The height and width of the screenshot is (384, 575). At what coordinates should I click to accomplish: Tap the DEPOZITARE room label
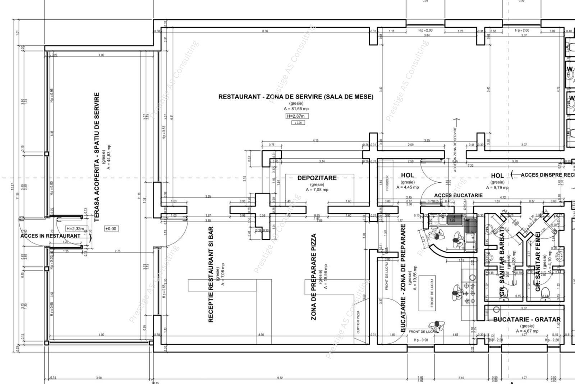point(317,178)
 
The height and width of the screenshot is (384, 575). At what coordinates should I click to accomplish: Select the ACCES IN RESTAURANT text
point(50,236)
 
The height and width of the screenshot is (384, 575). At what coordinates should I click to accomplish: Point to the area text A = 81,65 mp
point(296,109)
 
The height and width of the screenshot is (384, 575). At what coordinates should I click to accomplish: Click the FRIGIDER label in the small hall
point(387,183)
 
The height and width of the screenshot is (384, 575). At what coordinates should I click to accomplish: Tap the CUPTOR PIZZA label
point(358,321)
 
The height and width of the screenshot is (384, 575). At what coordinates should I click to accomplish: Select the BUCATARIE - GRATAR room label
point(526,319)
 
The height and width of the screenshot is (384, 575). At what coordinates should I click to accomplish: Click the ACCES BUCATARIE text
point(458,195)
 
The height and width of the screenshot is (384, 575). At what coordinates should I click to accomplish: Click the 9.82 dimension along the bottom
point(280,378)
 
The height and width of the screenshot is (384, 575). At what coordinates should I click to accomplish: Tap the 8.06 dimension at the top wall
point(265,31)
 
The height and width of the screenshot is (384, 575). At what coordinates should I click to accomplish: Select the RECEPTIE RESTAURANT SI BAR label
point(211,274)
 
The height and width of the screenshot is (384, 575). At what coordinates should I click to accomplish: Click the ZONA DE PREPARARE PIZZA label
point(314,277)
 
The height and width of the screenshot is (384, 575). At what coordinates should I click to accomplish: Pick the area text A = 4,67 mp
point(527,331)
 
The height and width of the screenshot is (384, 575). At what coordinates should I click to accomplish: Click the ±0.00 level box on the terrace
point(111,229)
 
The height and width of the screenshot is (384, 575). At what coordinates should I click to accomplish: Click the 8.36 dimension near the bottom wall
point(261,335)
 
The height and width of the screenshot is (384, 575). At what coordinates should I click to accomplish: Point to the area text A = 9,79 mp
point(497,187)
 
